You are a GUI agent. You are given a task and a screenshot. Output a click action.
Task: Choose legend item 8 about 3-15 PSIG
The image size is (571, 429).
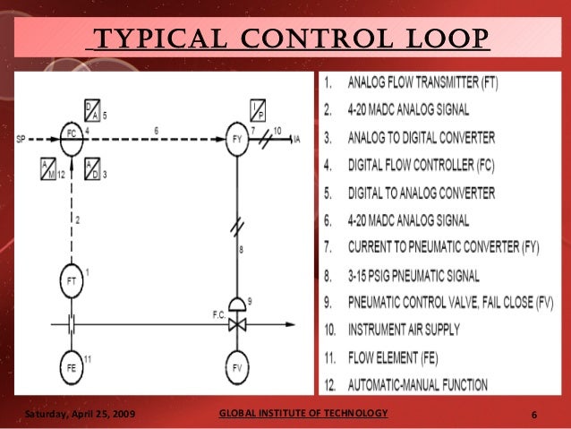pos(402,275)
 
